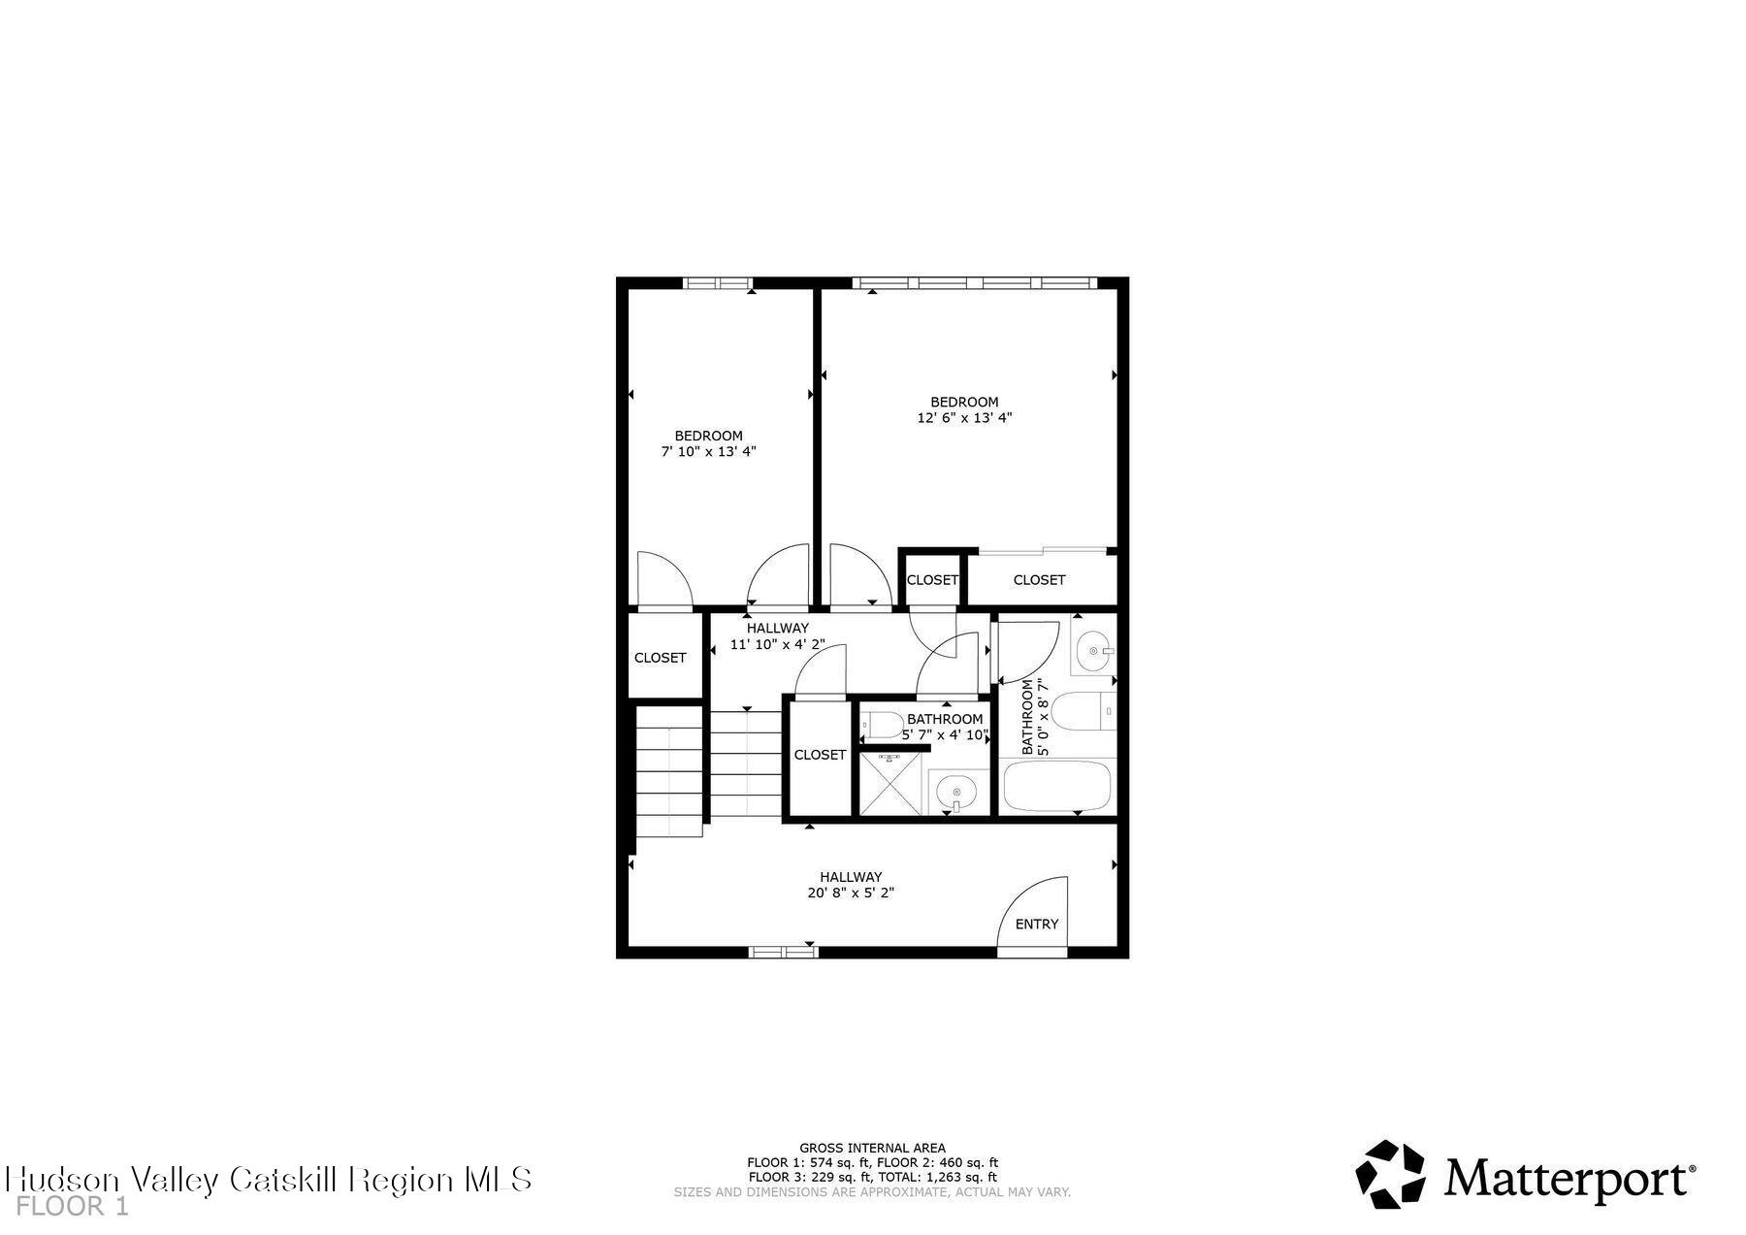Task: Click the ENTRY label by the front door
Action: click(1036, 925)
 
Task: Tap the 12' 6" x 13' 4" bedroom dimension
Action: click(964, 418)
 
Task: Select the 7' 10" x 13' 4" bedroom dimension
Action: click(708, 452)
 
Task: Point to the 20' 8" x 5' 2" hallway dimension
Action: click(850, 894)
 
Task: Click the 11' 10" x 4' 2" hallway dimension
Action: click(777, 644)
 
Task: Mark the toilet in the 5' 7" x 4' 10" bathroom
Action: click(883, 724)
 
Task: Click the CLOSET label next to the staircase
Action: click(820, 755)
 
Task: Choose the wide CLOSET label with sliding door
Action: click(1039, 580)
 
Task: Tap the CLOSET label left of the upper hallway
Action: click(660, 658)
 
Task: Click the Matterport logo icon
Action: click(1389, 1174)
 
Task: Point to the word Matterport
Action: click(1568, 1179)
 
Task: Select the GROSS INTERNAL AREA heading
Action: click(872, 1148)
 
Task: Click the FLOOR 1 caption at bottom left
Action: click(73, 1207)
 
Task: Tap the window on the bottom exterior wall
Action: click(783, 953)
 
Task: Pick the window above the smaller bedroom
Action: click(718, 283)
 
